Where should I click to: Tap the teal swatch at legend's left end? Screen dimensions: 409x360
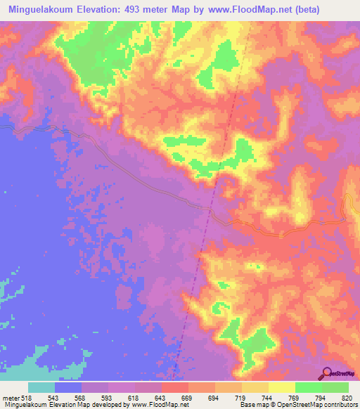(41, 387)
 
